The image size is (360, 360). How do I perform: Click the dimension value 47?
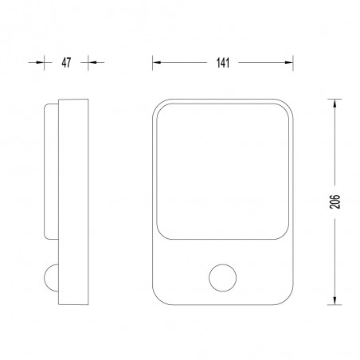point(66,63)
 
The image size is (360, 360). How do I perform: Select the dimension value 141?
point(223,63)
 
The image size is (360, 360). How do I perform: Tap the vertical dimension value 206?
point(335,202)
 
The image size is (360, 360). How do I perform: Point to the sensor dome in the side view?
point(50,278)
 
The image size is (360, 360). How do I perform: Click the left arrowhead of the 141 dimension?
point(157,63)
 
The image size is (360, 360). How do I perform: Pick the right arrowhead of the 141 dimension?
point(289,63)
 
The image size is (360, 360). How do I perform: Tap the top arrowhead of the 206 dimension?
point(335,104)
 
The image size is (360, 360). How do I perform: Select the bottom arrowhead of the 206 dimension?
point(335,300)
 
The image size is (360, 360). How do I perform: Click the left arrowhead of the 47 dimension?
point(40,62)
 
